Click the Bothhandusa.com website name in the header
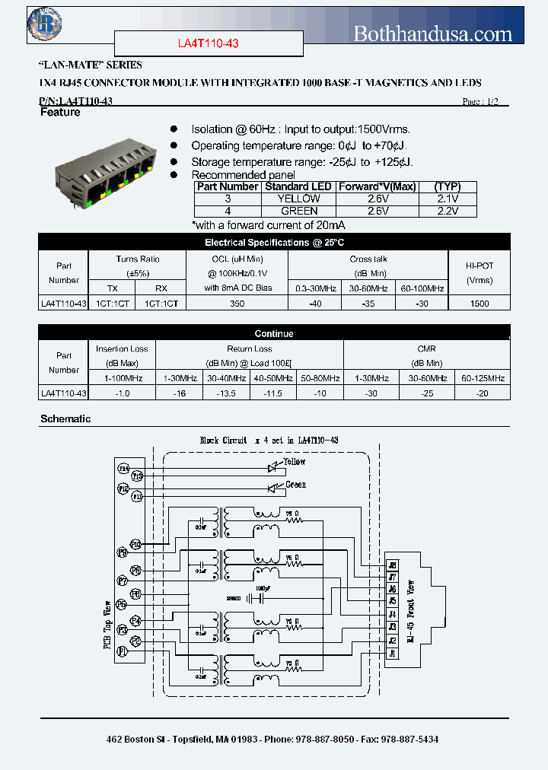433,33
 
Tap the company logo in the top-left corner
45,24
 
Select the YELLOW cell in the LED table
300,199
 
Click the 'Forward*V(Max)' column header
377,186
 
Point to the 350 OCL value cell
237,303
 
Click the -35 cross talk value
368,303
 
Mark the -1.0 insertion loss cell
122,393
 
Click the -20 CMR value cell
483,393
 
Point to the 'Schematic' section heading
65,419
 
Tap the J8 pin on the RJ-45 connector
393,565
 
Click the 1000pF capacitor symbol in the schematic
261,598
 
